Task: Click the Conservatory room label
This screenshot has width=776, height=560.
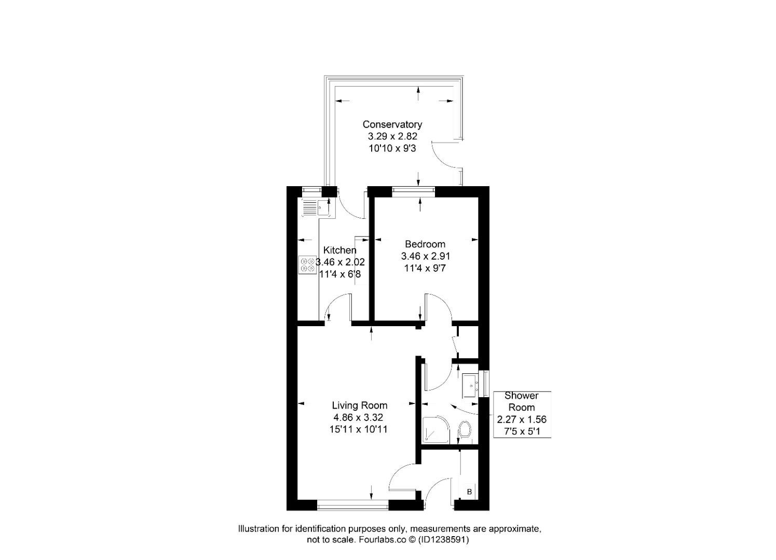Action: click(x=392, y=124)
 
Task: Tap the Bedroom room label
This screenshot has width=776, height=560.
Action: click(x=425, y=244)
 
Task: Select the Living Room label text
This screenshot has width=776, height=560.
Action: click(x=359, y=405)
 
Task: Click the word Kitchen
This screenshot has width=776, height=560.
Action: click(x=339, y=250)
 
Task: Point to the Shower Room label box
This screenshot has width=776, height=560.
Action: click(x=521, y=414)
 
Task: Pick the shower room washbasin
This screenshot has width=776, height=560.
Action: click(x=471, y=385)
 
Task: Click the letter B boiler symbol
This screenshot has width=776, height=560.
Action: click(x=469, y=492)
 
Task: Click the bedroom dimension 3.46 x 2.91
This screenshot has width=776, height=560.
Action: click(x=425, y=256)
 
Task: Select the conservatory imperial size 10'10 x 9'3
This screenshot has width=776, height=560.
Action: click(x=392, y=148)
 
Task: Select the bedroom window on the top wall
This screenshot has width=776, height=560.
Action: click(x=413, y=190)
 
